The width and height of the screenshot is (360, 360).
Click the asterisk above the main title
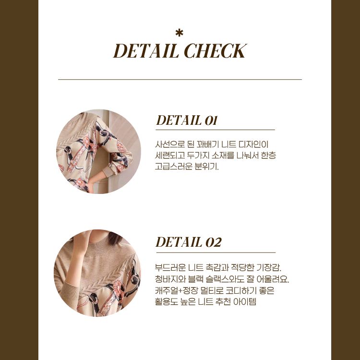pos(179,33)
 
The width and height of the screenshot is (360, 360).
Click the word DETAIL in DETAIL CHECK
pos(146,51)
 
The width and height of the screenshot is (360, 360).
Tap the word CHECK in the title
pos(216,51)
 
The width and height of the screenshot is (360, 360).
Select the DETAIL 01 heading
pos(186,120)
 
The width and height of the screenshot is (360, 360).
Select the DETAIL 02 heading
pos(189,242)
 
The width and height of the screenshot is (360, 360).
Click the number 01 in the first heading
pos(211,120)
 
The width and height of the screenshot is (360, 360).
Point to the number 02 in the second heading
pos(213,242)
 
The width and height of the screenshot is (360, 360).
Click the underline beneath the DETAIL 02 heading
pos(216,252)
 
